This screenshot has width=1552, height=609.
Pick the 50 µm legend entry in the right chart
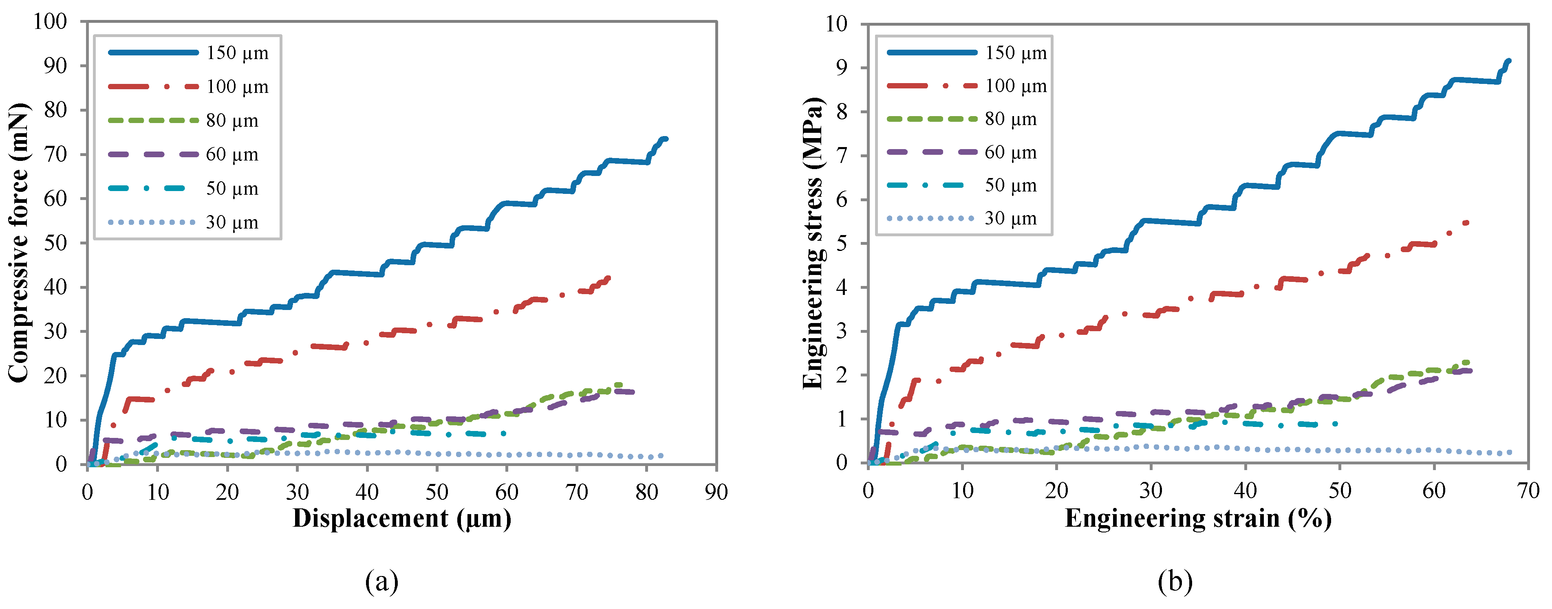[1010, 185]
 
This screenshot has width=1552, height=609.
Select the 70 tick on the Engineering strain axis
[1528, 491]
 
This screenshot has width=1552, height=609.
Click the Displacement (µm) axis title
[402, 519]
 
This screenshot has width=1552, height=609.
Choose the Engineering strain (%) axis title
[1198, 519]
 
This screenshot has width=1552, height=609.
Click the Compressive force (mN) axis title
[18, 243]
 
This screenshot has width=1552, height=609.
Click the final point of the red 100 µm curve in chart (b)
[1466, 223]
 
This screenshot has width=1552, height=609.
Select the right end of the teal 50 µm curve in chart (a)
[504, 433]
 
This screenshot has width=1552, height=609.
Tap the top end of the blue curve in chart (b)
[1509, 61]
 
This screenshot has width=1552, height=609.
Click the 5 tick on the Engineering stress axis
[841, 243]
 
